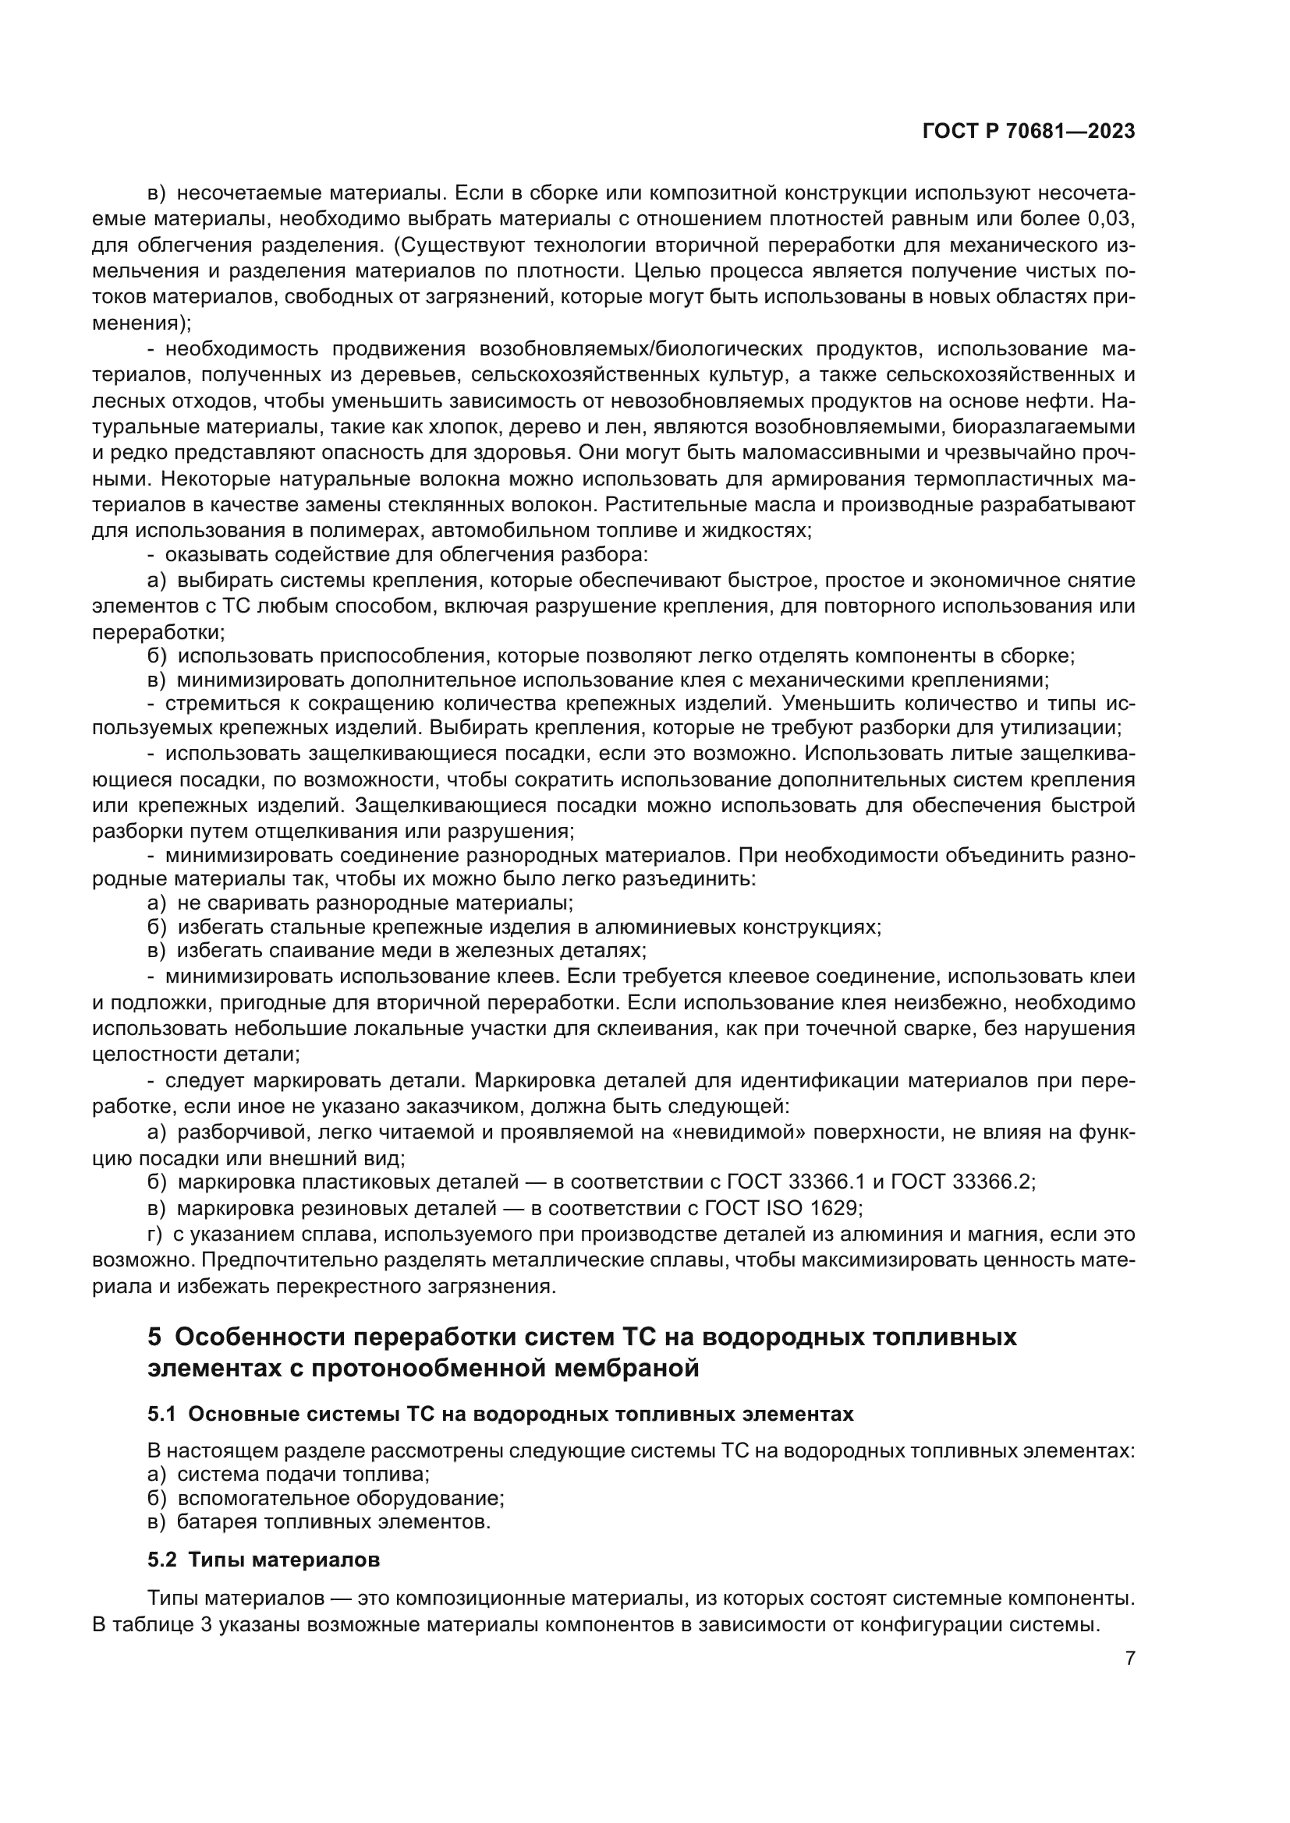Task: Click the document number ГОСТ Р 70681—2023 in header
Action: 1028,132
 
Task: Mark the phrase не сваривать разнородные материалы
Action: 374,903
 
